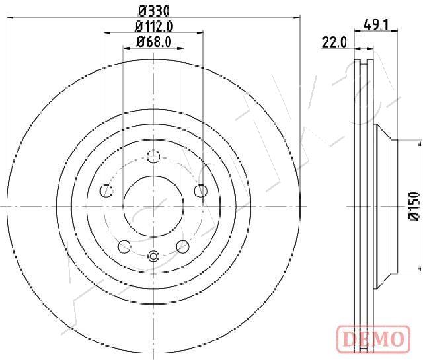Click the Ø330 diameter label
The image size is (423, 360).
154,11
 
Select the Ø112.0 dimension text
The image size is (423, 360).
154,26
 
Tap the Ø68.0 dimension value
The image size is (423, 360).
154,42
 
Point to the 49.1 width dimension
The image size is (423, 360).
376,25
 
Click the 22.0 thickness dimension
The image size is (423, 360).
334,43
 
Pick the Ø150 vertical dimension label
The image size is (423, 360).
414,206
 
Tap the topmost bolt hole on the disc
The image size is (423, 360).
153,156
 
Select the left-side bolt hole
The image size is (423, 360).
106,191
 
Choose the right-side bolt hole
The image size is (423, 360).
201,191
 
